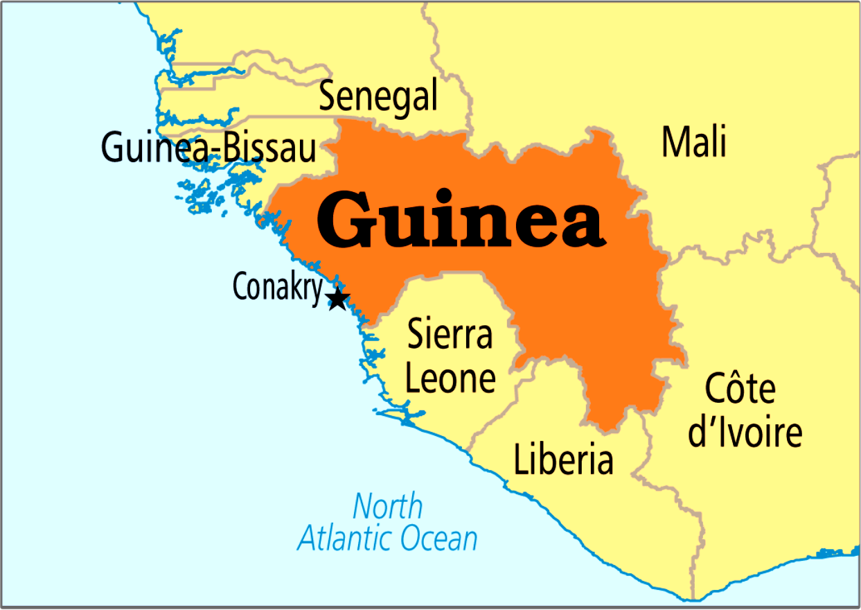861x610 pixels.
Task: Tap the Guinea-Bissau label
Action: [208, 147]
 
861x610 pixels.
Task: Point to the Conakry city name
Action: [278, 288]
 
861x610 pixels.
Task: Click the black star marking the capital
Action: [337, 299]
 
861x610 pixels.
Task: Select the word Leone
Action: [450, 378]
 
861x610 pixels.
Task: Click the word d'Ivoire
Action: [745, 433]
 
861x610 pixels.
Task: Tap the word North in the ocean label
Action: [387, 507]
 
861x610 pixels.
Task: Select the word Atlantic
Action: [348, 538]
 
